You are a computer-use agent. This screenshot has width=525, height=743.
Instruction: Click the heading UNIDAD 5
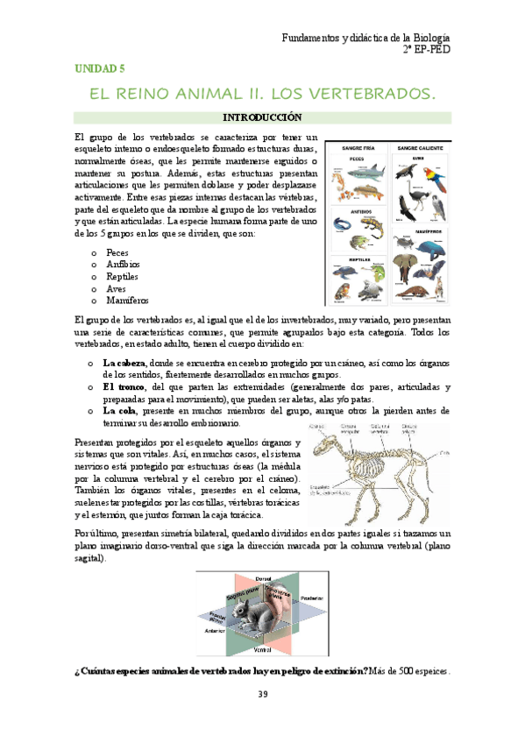tap(98, 67)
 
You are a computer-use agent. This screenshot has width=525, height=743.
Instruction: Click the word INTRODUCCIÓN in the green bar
tap(261, 117)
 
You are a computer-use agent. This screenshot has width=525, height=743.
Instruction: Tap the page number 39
tap(262, 695)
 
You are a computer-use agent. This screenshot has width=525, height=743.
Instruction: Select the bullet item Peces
tap(117, 252)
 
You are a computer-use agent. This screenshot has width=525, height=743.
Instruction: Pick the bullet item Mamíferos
tap(124, 300)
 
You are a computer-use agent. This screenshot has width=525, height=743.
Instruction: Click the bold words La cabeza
tap(124, 362)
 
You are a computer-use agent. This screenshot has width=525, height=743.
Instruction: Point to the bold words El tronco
tap(124, 386)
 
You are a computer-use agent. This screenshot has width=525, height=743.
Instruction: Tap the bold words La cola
tap(120, 411)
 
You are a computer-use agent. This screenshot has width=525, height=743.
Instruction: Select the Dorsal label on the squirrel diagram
tap(261, 579)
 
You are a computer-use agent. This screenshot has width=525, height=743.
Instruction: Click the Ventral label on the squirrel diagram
tap(261, 650)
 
